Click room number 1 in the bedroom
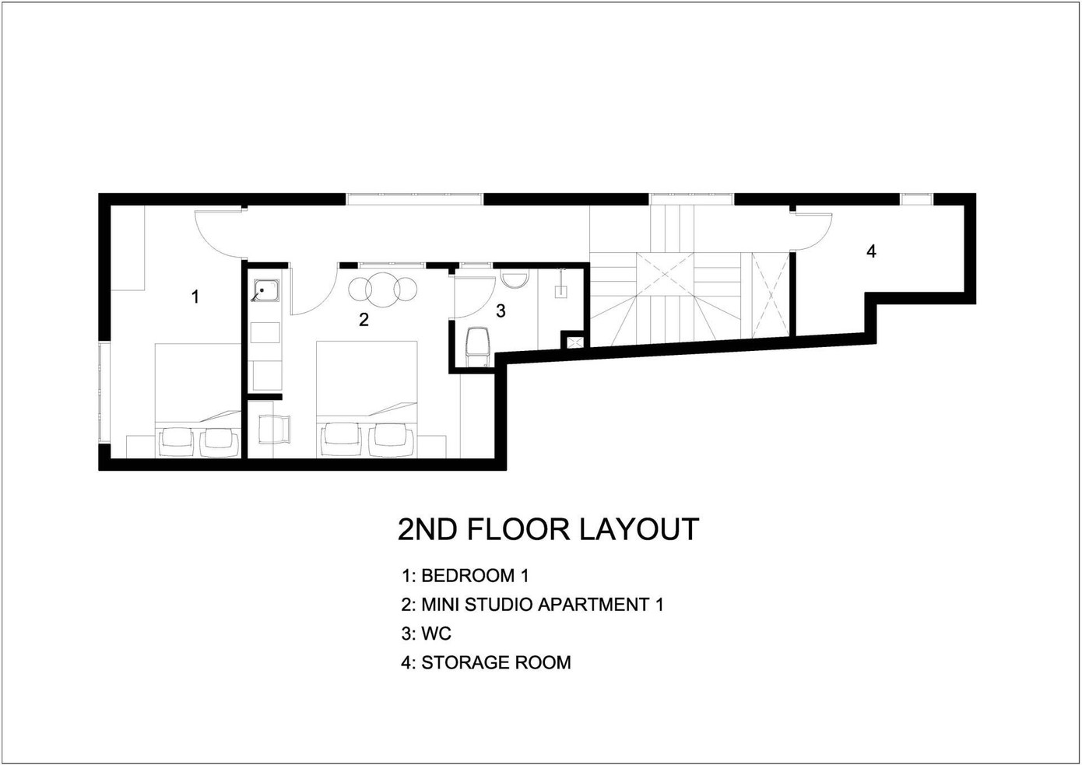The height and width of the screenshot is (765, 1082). pos(195,297)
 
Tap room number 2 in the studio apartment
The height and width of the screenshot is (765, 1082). pos(364,319)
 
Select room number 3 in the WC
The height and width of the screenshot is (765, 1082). pos(501,311)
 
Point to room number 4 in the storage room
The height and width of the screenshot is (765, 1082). pos(871,251)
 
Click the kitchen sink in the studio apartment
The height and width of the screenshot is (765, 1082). pos(265,291)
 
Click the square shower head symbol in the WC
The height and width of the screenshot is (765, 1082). pos(560,292)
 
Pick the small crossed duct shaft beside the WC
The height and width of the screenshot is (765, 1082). pos(574,342)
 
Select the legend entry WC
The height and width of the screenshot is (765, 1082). pos(436,633)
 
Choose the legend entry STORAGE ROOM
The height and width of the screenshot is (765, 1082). pos(496,662)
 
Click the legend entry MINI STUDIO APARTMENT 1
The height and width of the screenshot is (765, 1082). pos(543,604)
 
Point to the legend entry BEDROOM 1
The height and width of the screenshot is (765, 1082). pos(475,575)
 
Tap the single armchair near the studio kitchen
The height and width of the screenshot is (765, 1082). pos(273,430)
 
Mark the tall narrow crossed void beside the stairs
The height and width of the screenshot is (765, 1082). pos(770,295)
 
